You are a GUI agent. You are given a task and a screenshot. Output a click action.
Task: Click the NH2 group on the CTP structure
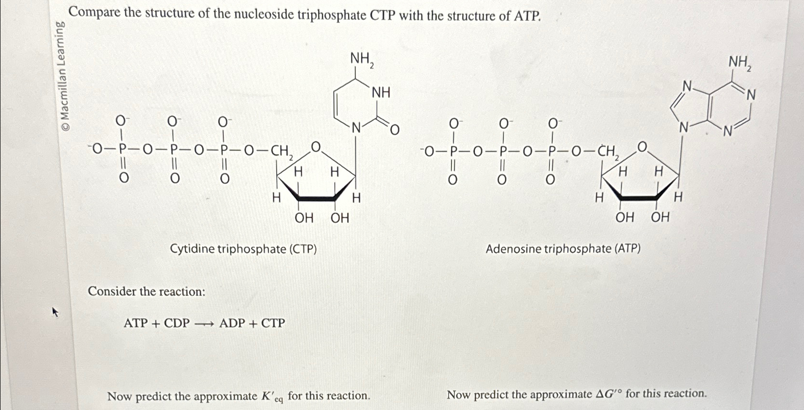pyautogui.click(x=362, y=59)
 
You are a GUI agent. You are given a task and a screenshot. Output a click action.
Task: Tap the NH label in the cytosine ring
pyautogui.click(x=381, y=93)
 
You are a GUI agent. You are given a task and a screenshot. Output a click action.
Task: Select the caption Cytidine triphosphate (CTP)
pyautogui.click(x=244, y=249)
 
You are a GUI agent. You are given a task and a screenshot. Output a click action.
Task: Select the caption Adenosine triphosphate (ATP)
pyautogui.click(x=563, y=248)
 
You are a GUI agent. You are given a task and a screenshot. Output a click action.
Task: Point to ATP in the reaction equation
pyautogui.click(x=135, y=323)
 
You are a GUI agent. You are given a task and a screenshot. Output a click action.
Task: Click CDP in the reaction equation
pyautogui.click(x=177, y=323)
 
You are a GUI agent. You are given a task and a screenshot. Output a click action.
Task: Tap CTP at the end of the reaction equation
pyautogui.click(x=273, y=323)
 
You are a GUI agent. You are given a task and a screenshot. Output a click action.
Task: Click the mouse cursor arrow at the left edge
pyautogui.click(x=55, y=312)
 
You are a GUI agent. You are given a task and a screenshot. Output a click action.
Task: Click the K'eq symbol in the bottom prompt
pyautogui.click(x=272, y=397)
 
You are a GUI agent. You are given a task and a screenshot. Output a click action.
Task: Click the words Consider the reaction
pyautogui.click(x=146, y=292)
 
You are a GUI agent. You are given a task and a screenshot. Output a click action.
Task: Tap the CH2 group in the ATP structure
pyautogui.click(x=607, y=152)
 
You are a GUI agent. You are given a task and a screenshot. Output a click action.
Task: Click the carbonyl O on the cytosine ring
pyautogui.click(x=394, y=129)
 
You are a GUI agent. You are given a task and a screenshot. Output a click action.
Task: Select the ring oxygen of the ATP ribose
pyautogui.click(x=643, y=146)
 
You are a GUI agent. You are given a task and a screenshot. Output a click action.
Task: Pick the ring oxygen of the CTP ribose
pyautogui.click(x=316, y=146)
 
